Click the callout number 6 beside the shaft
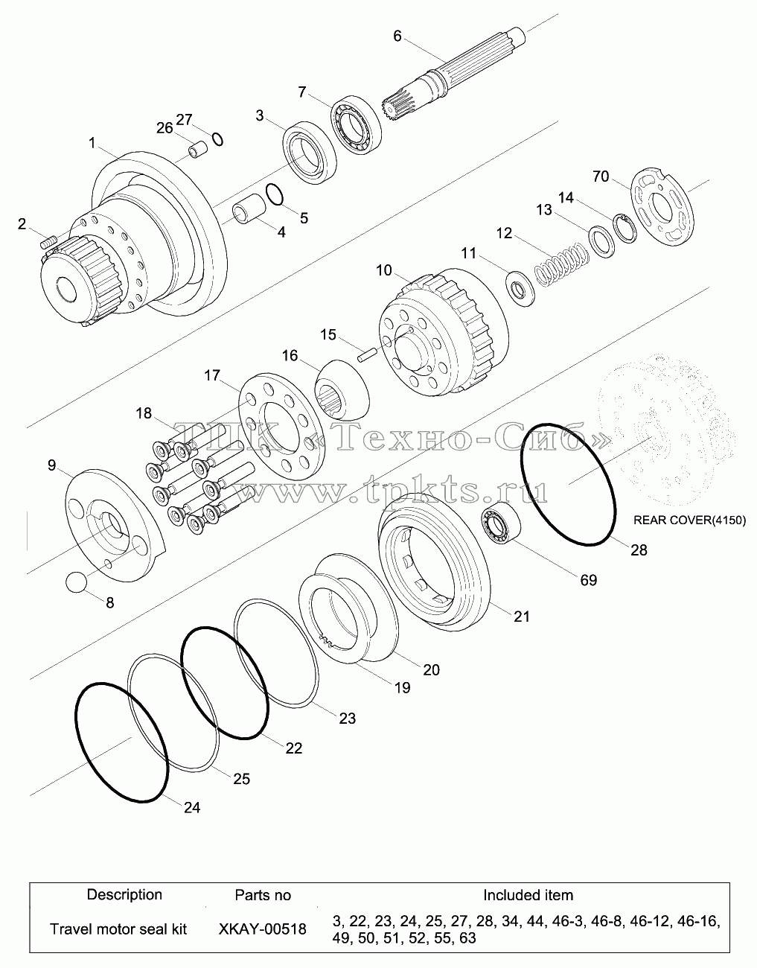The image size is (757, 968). (x=397, y=36)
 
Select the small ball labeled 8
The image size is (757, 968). (x=76, y=582)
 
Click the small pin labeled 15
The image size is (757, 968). (x=368, y=357)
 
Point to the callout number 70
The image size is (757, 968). (x=601, y=177)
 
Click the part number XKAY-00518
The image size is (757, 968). (x=263, y=929)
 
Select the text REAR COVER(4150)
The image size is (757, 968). (x=689, y=520)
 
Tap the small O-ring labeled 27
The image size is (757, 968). (x=217, y=139)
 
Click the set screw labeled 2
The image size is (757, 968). (x=48, y=243)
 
